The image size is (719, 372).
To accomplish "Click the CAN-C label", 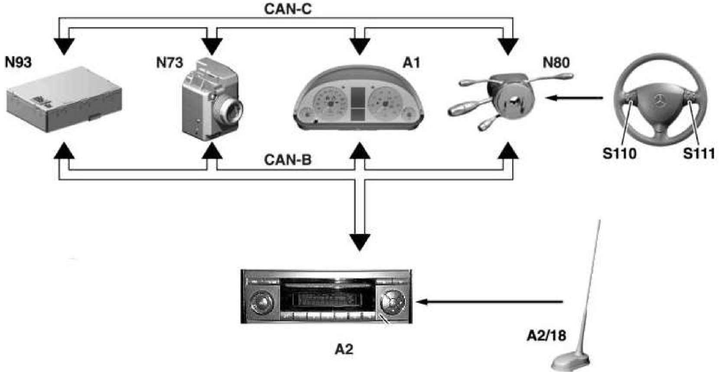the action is pos(288,9).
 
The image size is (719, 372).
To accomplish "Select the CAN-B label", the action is pos(288,160).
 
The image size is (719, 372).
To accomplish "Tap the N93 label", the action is pos(18,62).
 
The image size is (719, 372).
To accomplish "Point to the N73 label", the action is pos(169,63).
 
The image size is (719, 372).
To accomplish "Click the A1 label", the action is pos(411,63).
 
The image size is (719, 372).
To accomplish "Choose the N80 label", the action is pos(556,63).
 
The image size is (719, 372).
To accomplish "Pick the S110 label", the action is pos(619,153).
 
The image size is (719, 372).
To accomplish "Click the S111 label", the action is pos(699,153).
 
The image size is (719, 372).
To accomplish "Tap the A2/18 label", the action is pos(547,336).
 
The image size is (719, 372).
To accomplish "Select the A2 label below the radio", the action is pos(344,349).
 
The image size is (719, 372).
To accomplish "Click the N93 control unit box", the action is pos(64,99).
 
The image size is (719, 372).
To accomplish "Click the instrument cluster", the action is pos(358,98).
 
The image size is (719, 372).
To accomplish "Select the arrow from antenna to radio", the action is pos(489,302).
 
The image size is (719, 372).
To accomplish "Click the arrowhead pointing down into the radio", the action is pos(360,242).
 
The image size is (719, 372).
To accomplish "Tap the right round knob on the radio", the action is pos(393,302).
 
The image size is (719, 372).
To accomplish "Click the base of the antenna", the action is pos(570,362).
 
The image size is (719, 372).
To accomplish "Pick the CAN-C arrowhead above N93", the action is pos(64,46).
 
